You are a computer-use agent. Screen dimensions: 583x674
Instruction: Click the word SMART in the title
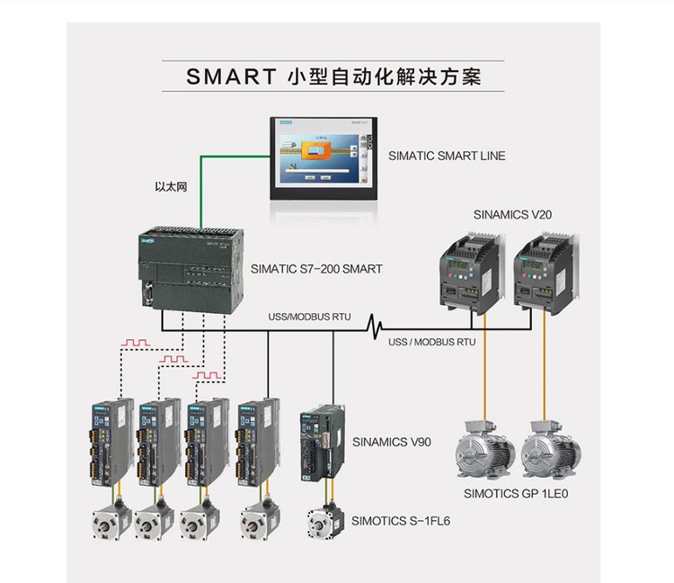tap(226, 76)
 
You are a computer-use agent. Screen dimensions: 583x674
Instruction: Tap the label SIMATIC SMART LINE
tap(447, 156)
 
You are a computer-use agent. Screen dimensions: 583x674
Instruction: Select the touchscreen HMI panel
tap(321, 158)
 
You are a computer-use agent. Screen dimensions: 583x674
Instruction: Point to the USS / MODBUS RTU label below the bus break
tap(431, 342)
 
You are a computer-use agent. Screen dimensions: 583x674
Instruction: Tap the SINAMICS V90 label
tap(392, 442)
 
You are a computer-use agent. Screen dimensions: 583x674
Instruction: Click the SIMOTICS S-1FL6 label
tap(401, 520)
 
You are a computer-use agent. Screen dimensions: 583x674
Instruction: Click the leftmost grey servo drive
tap(108, 439)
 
